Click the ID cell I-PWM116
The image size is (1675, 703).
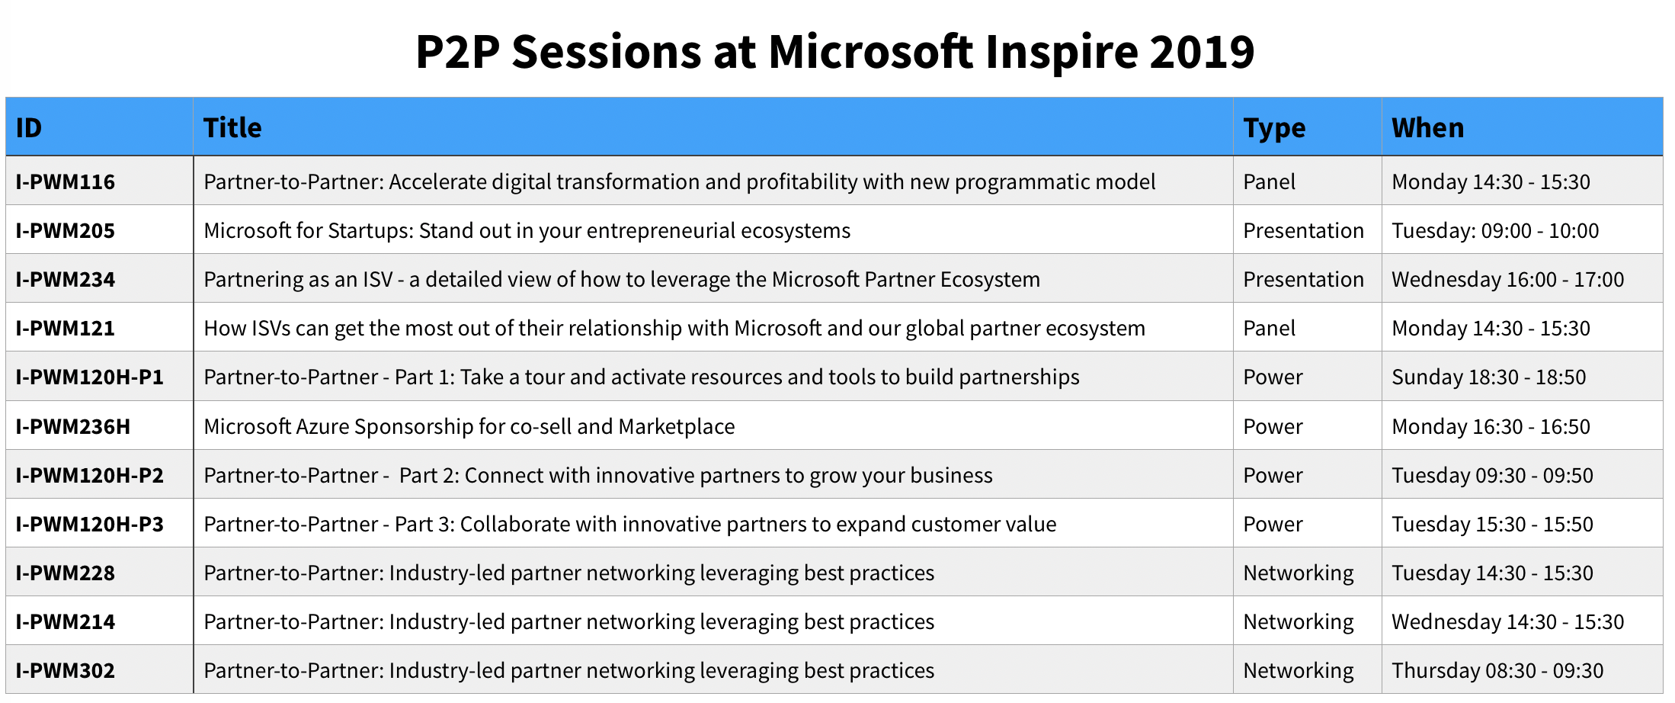pyautogui.click(x=66, y=181)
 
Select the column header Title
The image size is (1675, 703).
pyautogui.click(x=232, y=127)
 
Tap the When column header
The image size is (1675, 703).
pyautogui.click(x=1427, y=127)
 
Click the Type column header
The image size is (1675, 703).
pyautogui.click(x=1274, y=127)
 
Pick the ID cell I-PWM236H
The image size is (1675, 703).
pyautogui.click(x=73, y=426)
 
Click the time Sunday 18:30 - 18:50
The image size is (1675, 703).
pyautogui.click(x=1488, y=377)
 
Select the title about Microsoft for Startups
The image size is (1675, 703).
pyautogui.click(x=527, y=230)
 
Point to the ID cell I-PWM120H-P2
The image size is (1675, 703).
pyautogui.click(x=90, y=475)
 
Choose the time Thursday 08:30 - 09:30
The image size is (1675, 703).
pyautogui.click(x=1497, y=670)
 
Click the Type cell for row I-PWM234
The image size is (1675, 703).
pyautogui.click(x=1303, y=279)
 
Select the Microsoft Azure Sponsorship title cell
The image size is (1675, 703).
pyautogui.click(x=469, y=426)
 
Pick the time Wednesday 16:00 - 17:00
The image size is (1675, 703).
pyautogui.click(x=1507, y=279)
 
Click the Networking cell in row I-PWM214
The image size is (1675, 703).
pyautogui.click(x=1298, y=621)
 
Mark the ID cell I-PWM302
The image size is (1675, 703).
pyautogui.click(x=66, y=670)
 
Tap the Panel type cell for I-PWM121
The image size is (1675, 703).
pyautogui.click(x=1269, y=328)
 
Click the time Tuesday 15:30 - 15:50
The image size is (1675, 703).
pyautogui.click(x=1492, y=524)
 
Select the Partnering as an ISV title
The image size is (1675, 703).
pyautogui.click(x=621, y=279)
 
